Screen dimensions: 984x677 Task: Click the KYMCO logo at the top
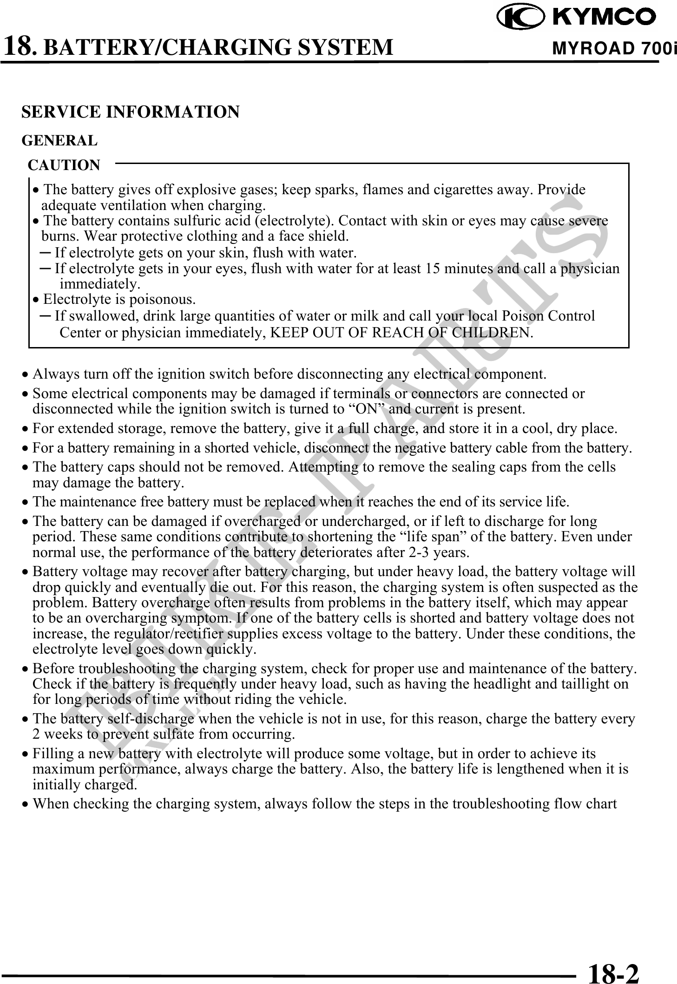[577, 18]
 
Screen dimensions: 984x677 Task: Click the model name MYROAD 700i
[613, 48]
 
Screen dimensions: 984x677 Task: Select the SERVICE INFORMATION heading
[131, 112]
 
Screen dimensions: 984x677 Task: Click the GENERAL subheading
[60, 140]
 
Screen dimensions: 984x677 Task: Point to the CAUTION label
[64, 165]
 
